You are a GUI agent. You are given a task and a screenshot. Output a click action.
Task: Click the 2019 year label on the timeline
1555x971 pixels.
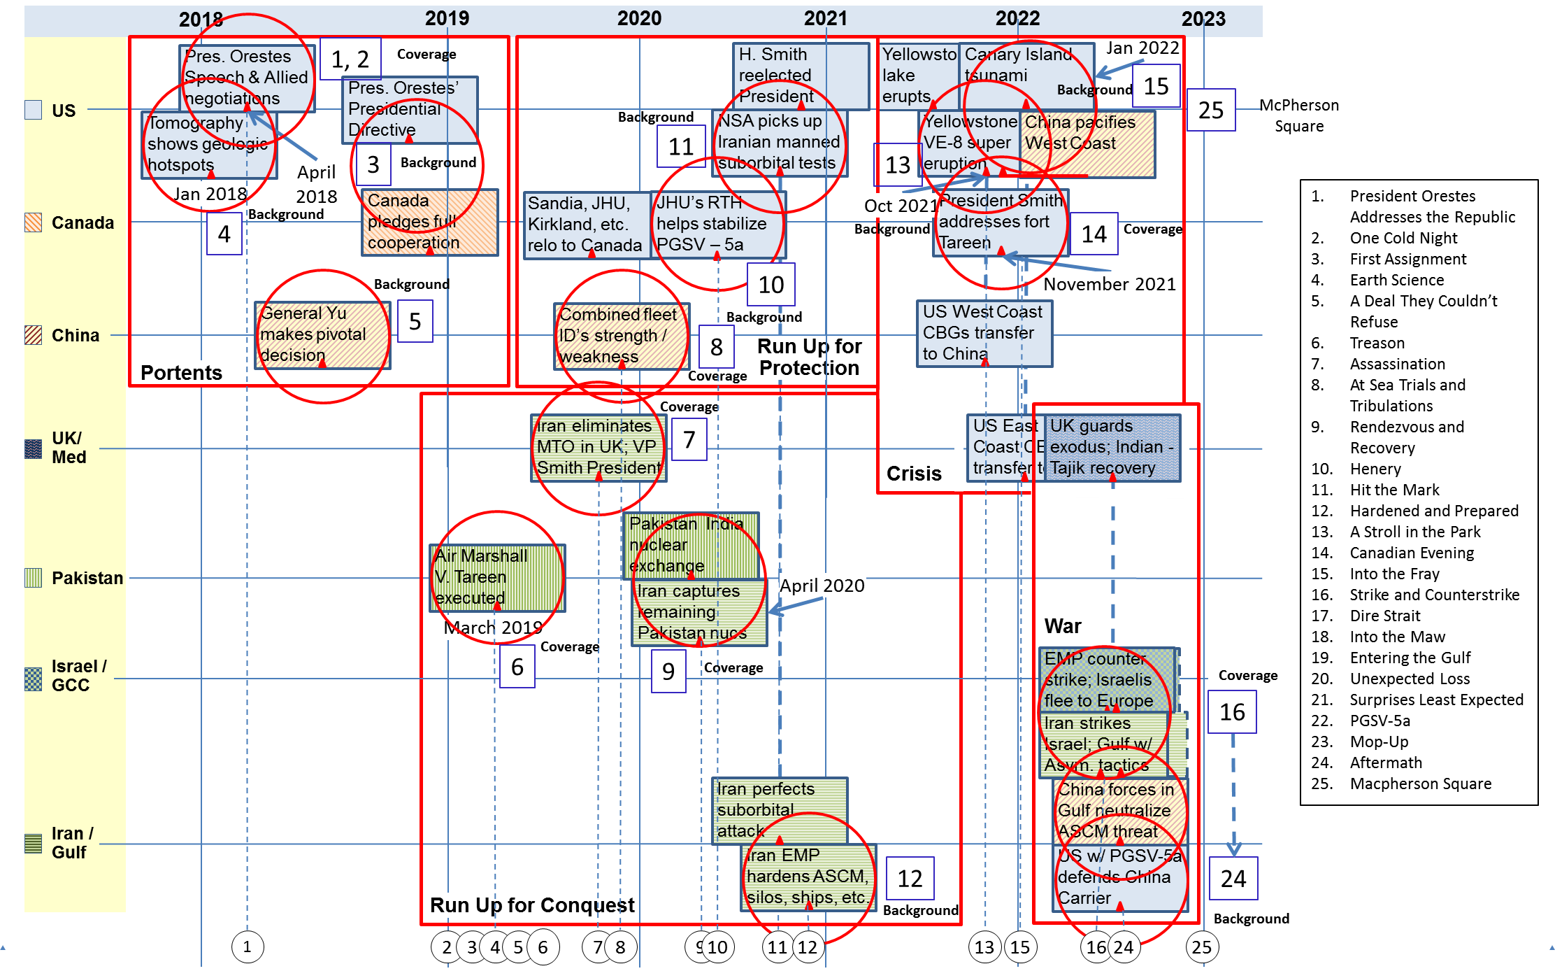(x=447, y=18)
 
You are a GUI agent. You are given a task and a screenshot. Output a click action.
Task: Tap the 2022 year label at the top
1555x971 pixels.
(x=1017, y=18)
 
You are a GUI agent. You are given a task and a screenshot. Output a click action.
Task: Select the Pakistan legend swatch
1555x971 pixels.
(x=33, y=578)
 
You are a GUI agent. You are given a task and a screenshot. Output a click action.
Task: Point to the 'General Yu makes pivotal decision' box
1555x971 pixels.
(x=322, y=334)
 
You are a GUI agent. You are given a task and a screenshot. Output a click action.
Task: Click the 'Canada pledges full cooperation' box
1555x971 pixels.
(x=429, y=222)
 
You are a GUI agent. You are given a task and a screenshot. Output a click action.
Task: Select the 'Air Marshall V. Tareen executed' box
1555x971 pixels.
(x=497, y=577)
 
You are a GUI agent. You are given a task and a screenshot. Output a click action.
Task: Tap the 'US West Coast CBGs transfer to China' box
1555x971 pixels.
(x=984, y=333)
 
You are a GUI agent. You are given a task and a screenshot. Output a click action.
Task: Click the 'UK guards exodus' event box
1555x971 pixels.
(x=1112, y=447)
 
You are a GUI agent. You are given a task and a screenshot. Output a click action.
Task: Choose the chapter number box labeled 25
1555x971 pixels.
(x=1210, y=110)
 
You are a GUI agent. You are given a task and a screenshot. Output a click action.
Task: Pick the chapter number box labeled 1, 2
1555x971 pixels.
(x=350, y=59)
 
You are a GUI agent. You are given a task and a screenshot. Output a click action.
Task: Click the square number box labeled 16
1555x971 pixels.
(x=1232, y=711)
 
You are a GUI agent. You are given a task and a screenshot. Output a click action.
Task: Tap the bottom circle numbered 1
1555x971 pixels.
(x=247, y=947)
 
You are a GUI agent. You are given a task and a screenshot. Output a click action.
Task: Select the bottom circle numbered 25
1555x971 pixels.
(x=1202, y=947)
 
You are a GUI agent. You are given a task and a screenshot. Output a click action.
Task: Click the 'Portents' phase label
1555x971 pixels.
(x=181, y=372)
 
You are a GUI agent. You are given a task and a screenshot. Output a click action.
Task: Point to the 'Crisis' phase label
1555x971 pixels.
(x=914, y=474)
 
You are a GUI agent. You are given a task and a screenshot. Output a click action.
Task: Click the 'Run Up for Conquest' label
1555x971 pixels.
(x=531, y=905)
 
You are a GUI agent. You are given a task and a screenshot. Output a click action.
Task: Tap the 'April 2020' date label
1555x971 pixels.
(x=822, y=586)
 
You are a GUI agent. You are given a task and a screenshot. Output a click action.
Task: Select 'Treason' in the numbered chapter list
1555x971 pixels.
(x=1377, y=343)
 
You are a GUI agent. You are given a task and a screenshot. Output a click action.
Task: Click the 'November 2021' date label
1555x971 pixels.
(x=1109, y=284)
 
